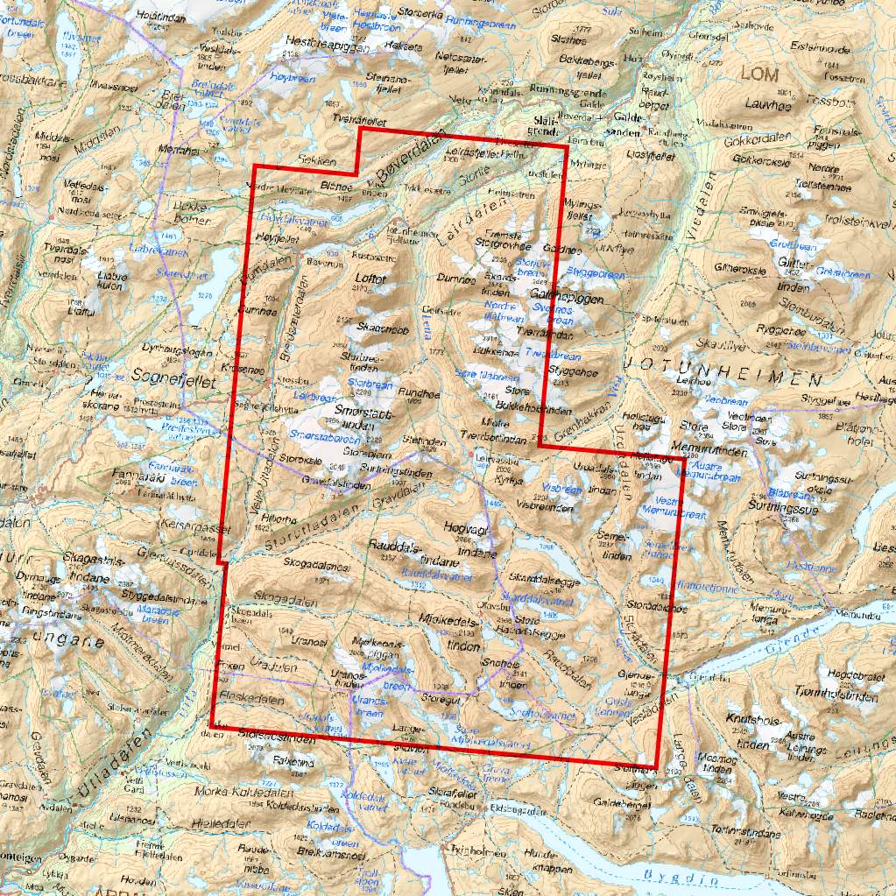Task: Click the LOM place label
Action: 758,74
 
